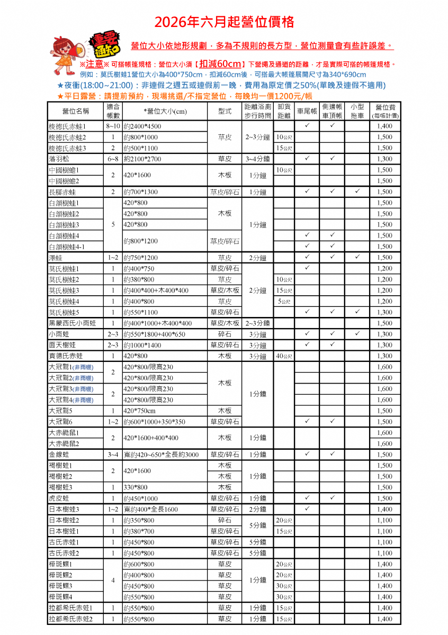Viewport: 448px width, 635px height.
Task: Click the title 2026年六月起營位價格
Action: pyautogui.click(x=224, y=22)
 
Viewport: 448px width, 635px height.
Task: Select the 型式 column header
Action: pyautogui.click(x=225, y=111)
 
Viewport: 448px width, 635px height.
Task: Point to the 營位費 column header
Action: pyautogui.click(x=385, y=111)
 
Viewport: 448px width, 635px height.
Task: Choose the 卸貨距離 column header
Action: pyautogui.click(x=284, y=111)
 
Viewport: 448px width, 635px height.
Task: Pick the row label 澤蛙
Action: pyautogui.click(x=56, y=258)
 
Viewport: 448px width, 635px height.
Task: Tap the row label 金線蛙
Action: pyautogui.click(x=59, y=455)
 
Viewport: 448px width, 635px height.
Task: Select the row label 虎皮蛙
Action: pyautogui.click(x=59, y=498)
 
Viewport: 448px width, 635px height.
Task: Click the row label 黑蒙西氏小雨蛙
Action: pyautogui.click(x=73, y=323)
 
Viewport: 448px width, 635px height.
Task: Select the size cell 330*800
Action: pyautogui.click(x=136, y=487)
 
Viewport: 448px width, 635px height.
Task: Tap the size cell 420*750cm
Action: pyautogui.click(x=139, y=411)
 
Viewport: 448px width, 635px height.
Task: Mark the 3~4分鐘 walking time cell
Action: pyautogui.click(x=257, y=159)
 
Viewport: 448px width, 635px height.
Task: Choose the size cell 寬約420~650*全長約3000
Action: pyautogui.click(x=161, y=455)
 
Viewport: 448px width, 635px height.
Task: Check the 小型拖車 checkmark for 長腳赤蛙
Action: pyautogui.click(x=358, y=192)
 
